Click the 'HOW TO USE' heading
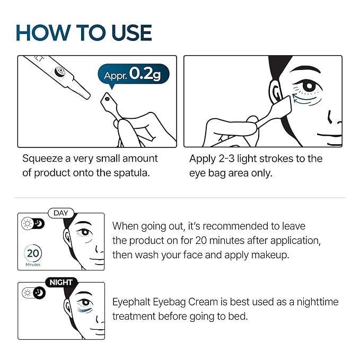pyautogui.click(x=84, y=33)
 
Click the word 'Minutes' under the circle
pyautogui.click(x=33, y=264)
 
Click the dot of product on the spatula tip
pyautogui.click(x=107, y=99)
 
